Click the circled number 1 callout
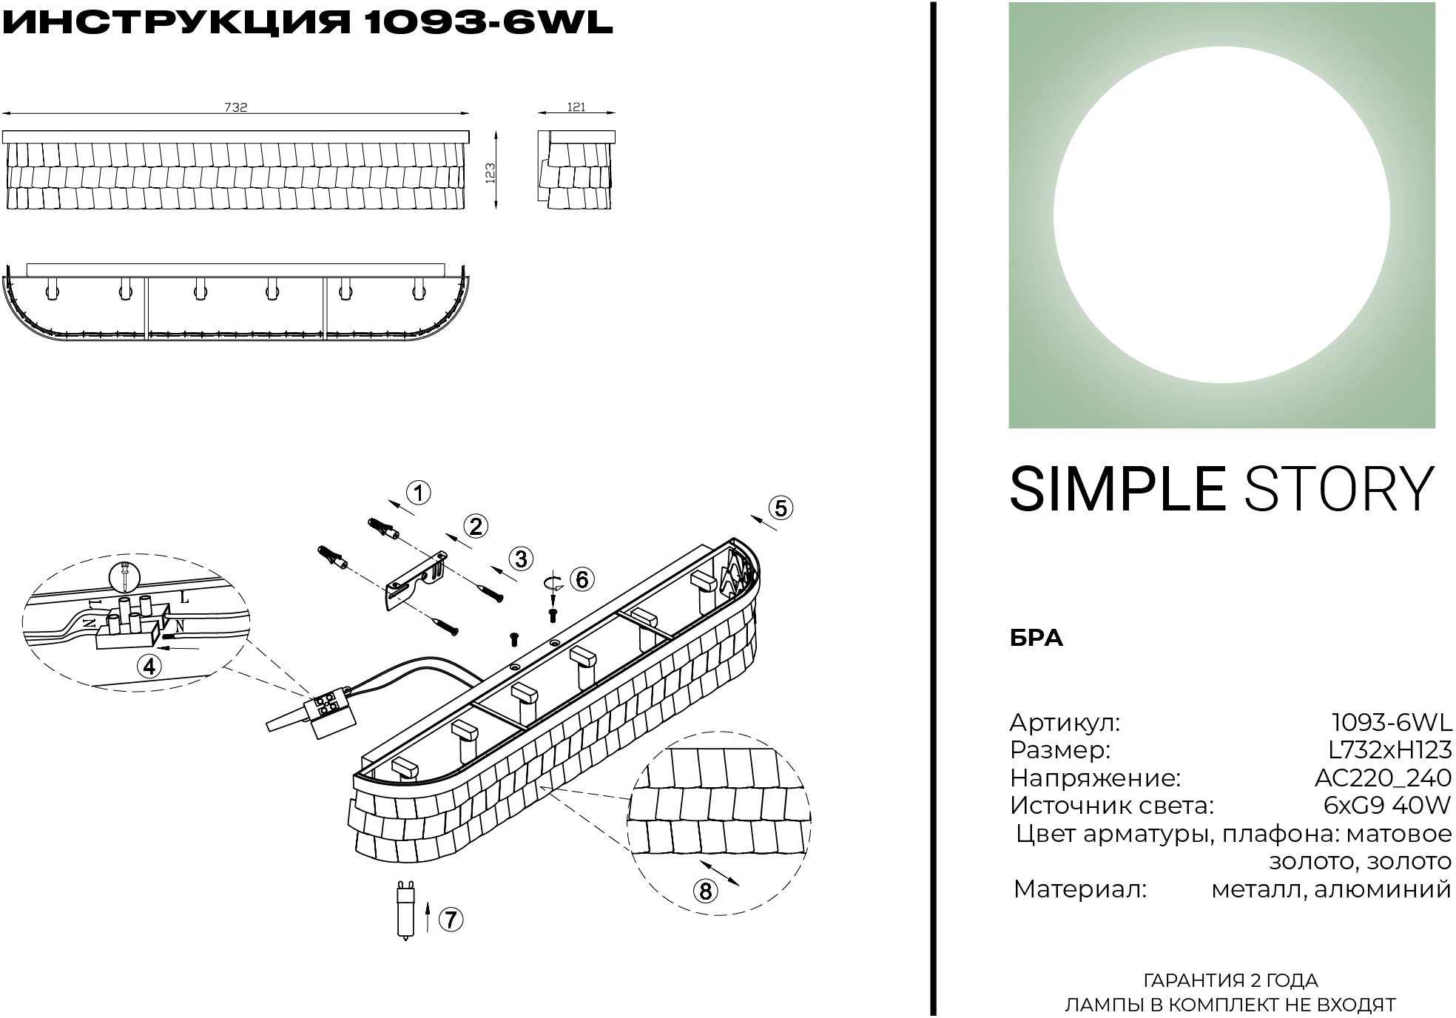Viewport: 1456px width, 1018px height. click(419, 493)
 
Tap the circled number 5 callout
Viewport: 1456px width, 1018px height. click(781, 508)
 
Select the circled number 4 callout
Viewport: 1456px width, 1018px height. click(149, 667)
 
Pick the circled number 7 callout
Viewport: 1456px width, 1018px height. click(451, 920)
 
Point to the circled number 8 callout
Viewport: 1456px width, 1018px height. click(705, 891)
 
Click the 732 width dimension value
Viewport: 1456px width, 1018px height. click(236, 107)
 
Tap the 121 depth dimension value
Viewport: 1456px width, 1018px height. click(576, 107)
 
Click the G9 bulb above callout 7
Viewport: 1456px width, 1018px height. click(404, 909)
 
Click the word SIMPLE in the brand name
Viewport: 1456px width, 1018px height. click(1118, 488)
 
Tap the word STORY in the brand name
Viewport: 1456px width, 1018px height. click(1340, 488)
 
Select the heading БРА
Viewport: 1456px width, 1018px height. click(1037, 638)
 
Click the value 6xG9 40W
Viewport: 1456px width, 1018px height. click(1387, 805)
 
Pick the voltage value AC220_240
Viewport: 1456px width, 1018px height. click(1383, 778)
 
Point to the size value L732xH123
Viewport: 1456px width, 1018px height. click(1390, 749)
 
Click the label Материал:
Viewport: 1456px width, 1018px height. click(1079, 889)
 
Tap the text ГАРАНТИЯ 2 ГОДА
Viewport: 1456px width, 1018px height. click(1231, 981)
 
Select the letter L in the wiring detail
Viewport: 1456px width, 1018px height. click(184, 597)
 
